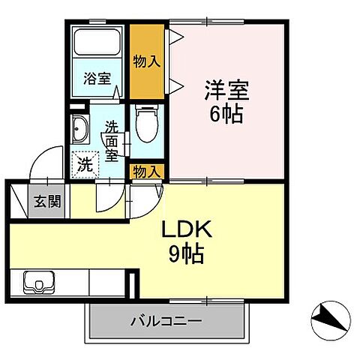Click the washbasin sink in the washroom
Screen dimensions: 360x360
click(x=79, y=128)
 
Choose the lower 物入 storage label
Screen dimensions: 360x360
click(x=146, y=172)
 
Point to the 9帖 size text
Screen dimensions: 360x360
click(x=187, y=254)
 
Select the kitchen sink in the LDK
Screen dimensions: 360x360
click(x=37, y=284)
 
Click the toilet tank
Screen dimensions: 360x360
click(x=146, y=111)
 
